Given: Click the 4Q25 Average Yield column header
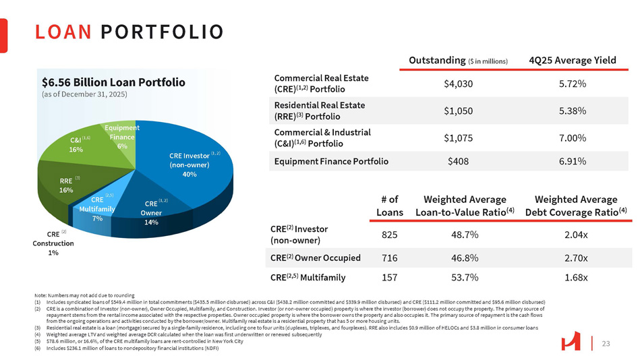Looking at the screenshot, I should (x=573, y=60).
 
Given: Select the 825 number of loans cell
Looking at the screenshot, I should (x=388, y=234).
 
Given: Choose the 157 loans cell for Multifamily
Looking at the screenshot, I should (x=388, y=277).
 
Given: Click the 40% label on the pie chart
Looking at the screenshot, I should (x=189, y=174).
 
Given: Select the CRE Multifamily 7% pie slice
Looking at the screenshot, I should (x=98, y=209).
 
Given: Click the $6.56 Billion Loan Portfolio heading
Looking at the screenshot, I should (x=113, y=82).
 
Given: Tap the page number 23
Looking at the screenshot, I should (x=605, y=344).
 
